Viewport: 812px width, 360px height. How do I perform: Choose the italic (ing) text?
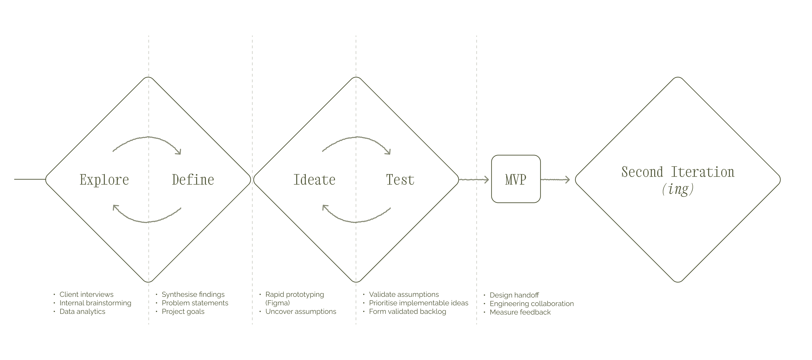tap(678, 189)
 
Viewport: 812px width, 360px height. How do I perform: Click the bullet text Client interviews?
tap(86, 294)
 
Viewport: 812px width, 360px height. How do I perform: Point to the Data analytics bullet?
tap(82, 312)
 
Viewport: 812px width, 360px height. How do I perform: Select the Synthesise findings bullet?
tap(193, 294)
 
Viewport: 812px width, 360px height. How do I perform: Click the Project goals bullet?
tap(183, 312)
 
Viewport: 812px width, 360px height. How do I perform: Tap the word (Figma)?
tap(277, 303)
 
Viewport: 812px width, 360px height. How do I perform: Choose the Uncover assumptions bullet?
tap(301, 312)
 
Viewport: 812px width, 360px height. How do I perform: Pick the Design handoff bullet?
tap(514, 295)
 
